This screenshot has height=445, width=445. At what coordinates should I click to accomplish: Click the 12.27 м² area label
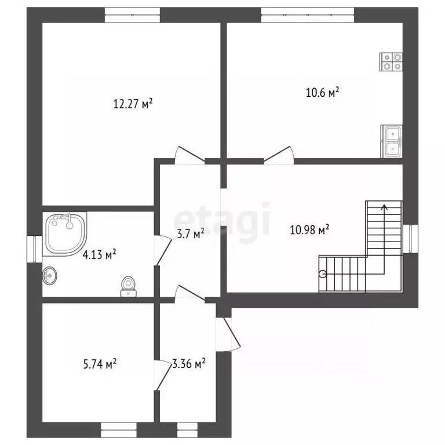(133, 104)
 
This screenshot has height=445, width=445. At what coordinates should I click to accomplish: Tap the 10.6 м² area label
(323, 93)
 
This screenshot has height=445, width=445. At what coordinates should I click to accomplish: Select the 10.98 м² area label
(309, 229)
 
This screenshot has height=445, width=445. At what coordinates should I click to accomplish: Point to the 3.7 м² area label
(191, 235)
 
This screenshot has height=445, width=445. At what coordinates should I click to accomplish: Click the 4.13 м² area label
(99, 254)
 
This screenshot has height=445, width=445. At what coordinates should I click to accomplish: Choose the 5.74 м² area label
(100, 364)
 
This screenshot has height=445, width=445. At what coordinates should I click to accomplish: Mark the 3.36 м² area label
(189, 363)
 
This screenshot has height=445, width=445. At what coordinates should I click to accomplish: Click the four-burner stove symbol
(391, 62)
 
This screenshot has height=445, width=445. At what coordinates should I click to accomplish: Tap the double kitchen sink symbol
(392, 141)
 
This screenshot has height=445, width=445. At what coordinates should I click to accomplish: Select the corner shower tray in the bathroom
(65, 234)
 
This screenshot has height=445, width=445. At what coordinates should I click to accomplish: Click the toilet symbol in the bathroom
(129, 286)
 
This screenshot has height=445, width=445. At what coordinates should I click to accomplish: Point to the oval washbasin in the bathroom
(50, 276)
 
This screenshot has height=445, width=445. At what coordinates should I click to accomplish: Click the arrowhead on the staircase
(385, 207)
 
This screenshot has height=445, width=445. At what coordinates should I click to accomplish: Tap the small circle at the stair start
(323, 274)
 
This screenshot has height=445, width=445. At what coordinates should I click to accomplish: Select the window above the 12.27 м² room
(132, 14)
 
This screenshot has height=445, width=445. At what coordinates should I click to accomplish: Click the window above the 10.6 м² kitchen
(308, 14)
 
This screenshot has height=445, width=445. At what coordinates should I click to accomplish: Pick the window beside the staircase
(411, 239)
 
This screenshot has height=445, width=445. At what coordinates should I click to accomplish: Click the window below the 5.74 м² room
(119, 430)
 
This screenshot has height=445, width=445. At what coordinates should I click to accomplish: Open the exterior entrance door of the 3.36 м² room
(228, 334)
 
